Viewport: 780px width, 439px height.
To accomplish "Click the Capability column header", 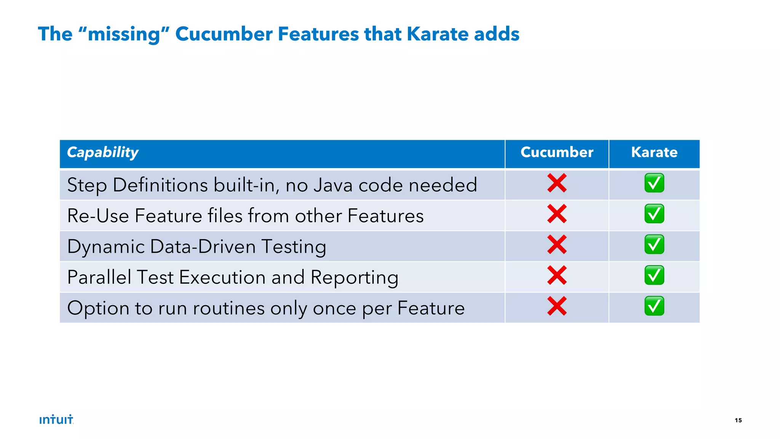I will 103,152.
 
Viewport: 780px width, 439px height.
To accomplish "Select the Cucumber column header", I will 557,152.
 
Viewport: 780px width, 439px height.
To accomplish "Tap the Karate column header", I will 654,152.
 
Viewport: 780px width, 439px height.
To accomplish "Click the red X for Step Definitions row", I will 557,183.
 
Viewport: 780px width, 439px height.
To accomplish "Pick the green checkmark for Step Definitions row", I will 654,183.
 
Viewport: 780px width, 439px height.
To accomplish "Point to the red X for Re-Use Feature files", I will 557,214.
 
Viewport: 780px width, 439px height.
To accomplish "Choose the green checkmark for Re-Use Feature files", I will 654,214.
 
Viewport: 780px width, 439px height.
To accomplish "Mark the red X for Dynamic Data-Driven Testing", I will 557,245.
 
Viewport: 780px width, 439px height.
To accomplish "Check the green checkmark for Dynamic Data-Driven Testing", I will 654,245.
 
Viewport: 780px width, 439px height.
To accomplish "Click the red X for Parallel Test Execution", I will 557,276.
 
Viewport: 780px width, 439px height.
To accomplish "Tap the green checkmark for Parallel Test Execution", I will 654,276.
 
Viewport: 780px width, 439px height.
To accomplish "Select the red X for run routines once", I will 557,306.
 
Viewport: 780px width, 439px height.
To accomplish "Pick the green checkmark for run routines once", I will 654,306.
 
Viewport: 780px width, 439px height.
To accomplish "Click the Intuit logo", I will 56,420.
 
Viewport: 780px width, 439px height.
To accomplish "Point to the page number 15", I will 738,420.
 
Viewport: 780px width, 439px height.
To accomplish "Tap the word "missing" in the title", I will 123,34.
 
